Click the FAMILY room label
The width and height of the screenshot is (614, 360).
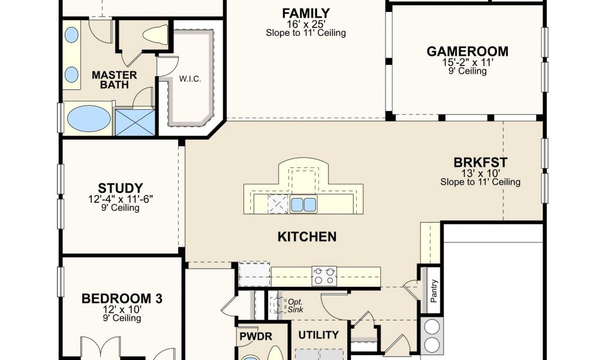click(x=306, y=13)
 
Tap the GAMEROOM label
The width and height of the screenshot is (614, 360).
click(x=468, y=52)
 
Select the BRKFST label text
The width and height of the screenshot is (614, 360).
click(x=480, y=162)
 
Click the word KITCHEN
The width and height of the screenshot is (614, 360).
click(x=307, y=236)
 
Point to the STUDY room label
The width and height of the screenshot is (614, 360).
click(x=120, y=188)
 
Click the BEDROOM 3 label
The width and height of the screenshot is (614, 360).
click(x=122, y=298)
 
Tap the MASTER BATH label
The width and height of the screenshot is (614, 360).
click(x=115, y=80)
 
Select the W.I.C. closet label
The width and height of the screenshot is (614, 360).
click(x=190, y=79)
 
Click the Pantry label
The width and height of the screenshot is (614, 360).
click(x=434, y=290)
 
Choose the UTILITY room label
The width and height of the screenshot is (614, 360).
click(x=319, y=335)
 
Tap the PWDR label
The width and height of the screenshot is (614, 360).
click(x=255, y=337)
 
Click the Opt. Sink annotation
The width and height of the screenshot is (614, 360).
click(x=295, y=305)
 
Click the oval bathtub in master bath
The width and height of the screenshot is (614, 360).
click(x=89, y=118)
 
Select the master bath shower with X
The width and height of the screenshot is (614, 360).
click(x=135, y=122)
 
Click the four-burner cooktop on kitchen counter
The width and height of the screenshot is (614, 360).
click(x=324, y=276)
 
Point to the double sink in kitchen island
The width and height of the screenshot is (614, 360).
click(x=303, y=205)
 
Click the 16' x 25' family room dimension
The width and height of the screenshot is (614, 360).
click(x=306, y=24)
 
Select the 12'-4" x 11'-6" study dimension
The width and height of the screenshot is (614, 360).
click(x=120, y=199)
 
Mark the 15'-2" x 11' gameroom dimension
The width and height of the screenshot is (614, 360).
click(x=468, y=62)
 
